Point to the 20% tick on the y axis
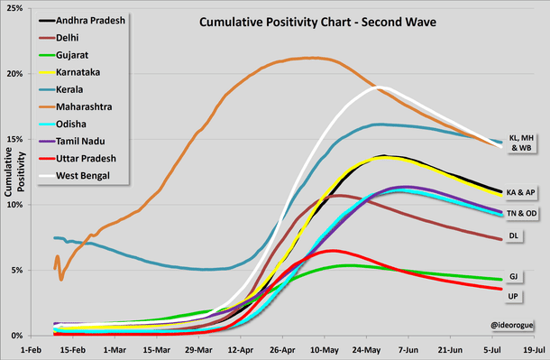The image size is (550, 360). tap(19, 73)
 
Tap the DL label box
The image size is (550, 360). tap(512, 236)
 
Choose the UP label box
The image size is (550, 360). tap(512, 294)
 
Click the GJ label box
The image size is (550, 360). tap(512, 277)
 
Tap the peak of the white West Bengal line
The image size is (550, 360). tap(380, 88)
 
